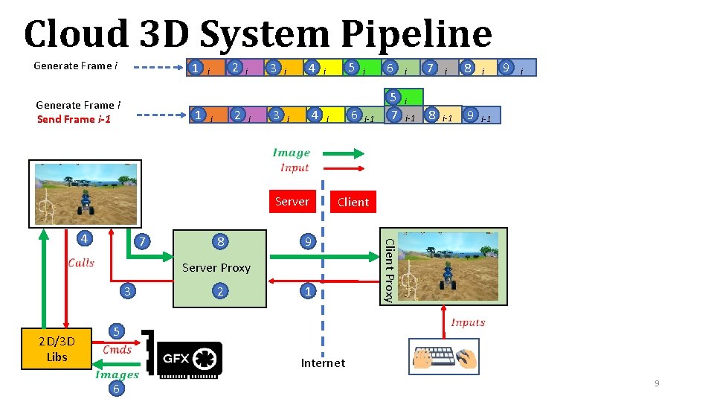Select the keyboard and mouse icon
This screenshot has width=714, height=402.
(x=444, y=357)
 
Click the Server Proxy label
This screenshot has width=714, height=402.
(x=216, y=267)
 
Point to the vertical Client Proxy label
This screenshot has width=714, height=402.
(x=387, y=269)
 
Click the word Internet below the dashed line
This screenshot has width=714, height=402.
(x=323, y=363)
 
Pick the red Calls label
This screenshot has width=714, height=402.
(x=81, y=262)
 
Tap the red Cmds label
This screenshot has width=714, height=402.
(x=118, y=349)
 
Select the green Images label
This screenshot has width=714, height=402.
(x=117, y=374)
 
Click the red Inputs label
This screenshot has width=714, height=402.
(x=468, y=322)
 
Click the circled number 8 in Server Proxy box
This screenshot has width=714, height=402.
(x=220, y=241)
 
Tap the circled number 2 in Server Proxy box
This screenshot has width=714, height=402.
(x=219, y=291)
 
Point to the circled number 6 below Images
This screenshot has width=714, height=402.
(x=116, y=389)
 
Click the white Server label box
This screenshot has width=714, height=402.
(x=292, y=202)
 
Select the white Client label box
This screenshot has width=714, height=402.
(x=353, y=202)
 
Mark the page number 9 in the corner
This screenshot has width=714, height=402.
(x=657, y=383)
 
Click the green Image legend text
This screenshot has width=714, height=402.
(x=291, y=153)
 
